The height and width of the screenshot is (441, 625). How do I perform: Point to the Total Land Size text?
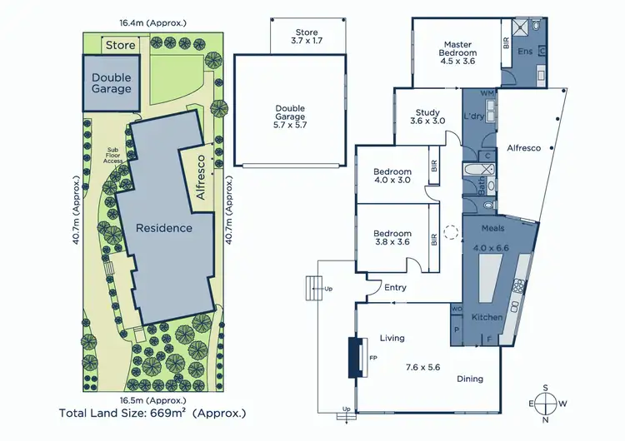152,412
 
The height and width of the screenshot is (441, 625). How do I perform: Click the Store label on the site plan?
119,45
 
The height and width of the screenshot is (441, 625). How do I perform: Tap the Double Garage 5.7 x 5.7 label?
291,113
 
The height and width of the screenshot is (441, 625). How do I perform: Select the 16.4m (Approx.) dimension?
152,23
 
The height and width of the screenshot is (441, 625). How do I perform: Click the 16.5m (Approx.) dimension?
152,399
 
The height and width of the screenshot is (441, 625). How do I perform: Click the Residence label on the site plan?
164,228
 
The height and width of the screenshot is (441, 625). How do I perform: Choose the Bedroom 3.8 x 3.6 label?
392,239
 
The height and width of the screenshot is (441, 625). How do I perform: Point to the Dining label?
469,379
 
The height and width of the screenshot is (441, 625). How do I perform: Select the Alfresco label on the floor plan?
523,148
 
